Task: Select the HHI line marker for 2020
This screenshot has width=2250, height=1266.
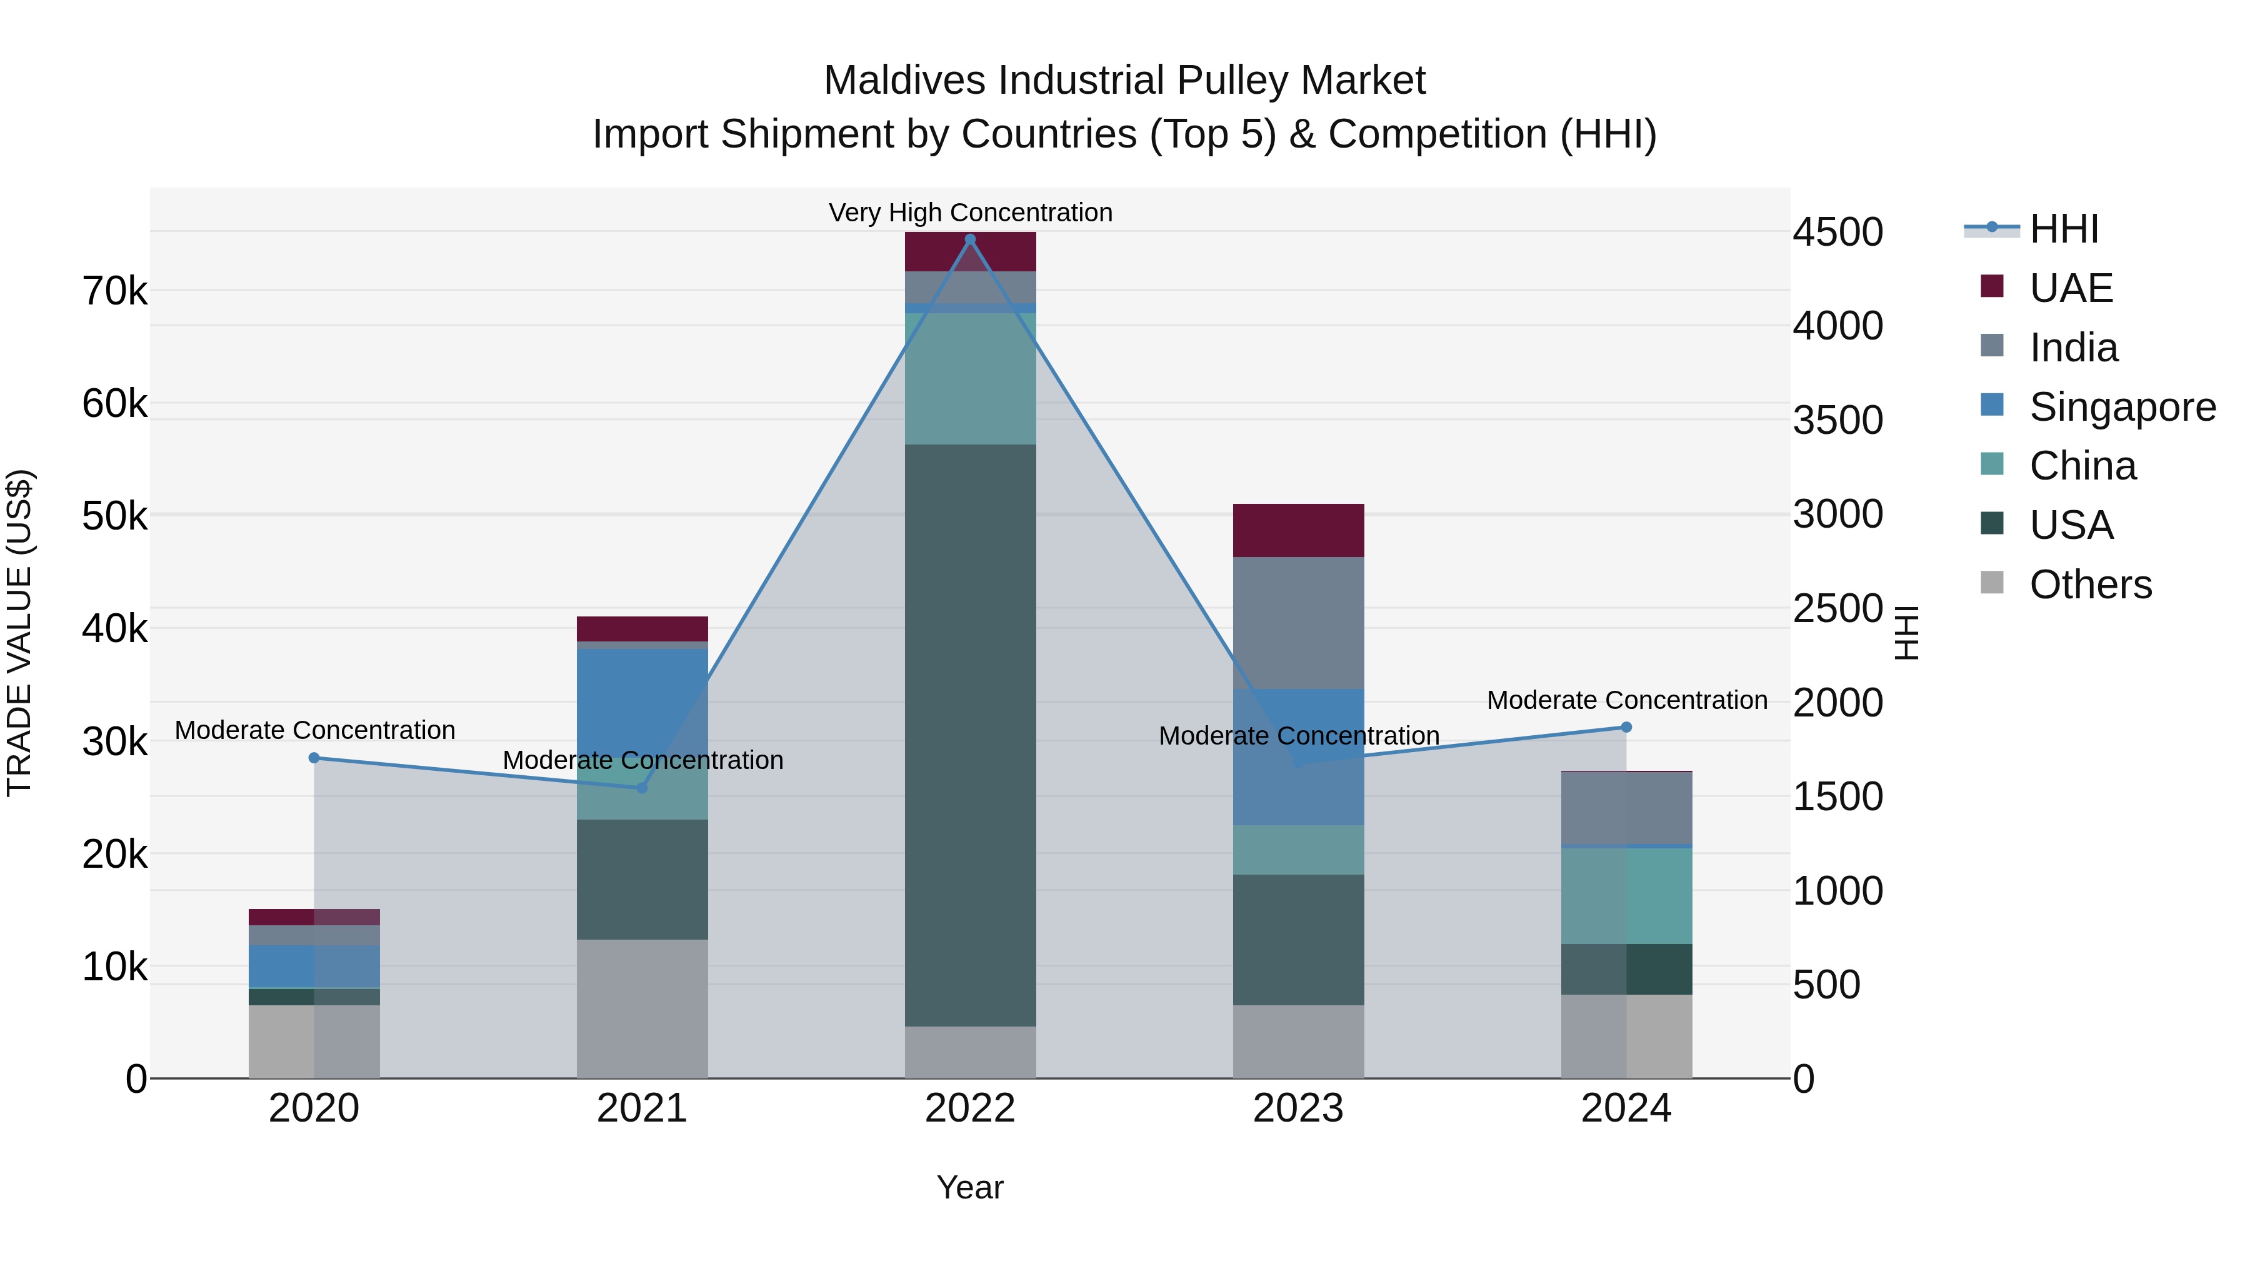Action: pos(314,758)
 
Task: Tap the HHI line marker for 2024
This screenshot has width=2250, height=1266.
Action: pos(1626,727)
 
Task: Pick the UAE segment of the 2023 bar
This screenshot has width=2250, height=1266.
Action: pos(1298,530)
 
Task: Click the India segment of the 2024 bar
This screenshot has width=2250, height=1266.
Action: pos(1626,808)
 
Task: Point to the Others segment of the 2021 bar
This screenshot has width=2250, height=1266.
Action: pos(642,1008)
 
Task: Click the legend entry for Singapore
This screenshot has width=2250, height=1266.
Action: pos(2122,407)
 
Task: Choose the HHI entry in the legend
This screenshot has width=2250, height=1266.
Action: pos(2063,229)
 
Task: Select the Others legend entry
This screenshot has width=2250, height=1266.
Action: pos(2089,585)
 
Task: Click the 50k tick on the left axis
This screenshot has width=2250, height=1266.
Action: pos(114,516)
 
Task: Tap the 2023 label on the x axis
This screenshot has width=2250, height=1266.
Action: pos(1298,1108)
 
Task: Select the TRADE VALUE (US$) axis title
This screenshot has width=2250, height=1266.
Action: pos(19,633)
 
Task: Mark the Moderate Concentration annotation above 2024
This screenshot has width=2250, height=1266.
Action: pos(1626,700)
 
